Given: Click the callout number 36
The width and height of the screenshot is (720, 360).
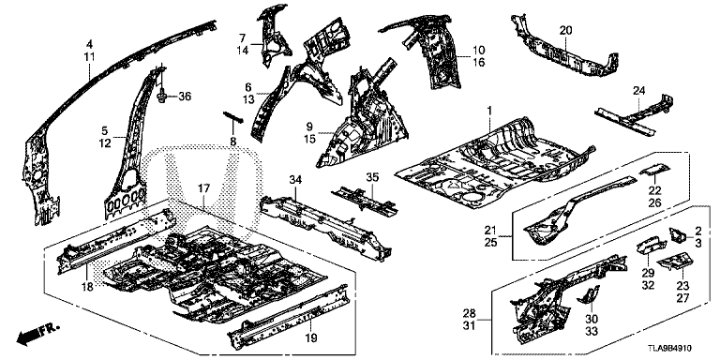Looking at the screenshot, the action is [x=185, y=97].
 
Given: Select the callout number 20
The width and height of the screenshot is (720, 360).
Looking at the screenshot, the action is [x=565, y=31].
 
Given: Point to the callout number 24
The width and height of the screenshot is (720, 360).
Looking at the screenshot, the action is [x=638, y=91].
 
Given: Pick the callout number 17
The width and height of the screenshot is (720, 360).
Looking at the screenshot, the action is [x=203, y=187].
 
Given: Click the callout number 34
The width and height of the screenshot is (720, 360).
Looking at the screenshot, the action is [x=295, y=180].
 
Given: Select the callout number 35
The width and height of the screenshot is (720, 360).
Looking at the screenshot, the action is [x=372, y=177].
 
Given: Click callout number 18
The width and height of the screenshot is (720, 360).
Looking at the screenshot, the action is [x=88, y=286].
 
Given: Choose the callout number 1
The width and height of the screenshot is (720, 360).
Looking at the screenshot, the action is [x=489, y=111].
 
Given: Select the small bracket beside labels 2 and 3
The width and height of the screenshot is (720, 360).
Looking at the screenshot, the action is [x=678, y=234].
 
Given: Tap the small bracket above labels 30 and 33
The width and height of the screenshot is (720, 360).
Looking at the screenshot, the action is [x=588, y=294].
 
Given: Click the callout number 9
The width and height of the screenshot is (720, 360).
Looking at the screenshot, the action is [x=309, y=126].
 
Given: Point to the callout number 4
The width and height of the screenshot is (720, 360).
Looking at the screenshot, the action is [x=90, y=45].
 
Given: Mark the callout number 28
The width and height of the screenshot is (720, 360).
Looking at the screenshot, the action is [x=470, y=314].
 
